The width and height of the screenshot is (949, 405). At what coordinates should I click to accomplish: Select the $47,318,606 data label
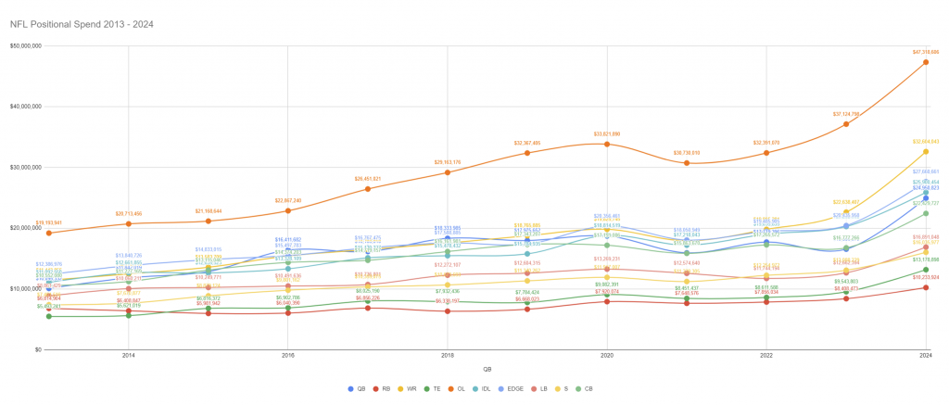(926, 52)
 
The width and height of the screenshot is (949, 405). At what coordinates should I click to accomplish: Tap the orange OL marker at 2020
(607, 144)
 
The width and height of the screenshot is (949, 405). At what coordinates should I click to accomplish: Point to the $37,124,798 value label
(846, 114)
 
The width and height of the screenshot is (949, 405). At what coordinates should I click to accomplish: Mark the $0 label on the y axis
(36, 349)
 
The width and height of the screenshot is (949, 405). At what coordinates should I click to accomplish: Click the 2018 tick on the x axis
(448, 356)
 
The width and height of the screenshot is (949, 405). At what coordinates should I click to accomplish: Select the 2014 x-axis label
(129, 356)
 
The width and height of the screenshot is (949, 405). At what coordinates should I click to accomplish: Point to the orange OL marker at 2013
(49, 233)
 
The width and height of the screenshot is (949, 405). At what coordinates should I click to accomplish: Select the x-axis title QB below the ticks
(487, 369)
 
